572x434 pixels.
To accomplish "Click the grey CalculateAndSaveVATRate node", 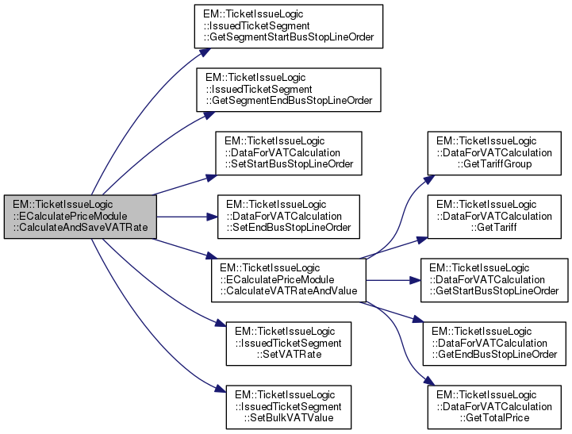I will [x=79, y=217].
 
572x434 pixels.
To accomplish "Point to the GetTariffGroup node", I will [x=495, y=153].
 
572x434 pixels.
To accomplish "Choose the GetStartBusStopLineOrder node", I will [x=495, y=280].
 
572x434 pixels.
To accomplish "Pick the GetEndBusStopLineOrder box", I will [x=495, y=344].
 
